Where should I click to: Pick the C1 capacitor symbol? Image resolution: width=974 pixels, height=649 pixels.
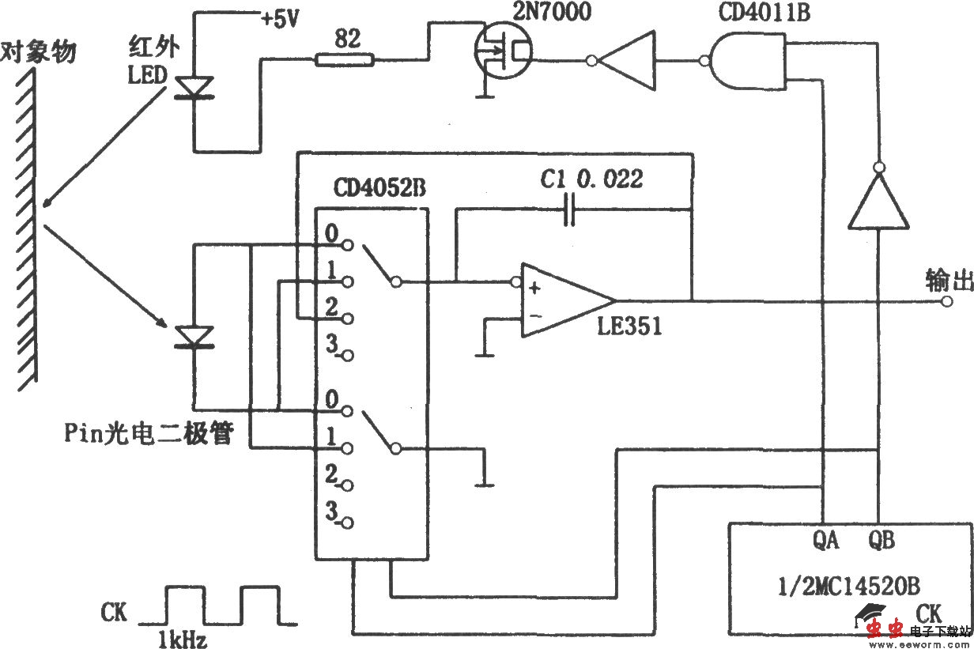pyautogui.click(x=569, y=210)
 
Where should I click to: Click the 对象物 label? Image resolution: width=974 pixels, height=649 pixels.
pyautogui.click(x=39, y=52)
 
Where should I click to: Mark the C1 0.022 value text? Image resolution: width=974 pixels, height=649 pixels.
pyautogui.click(x=591, y=179)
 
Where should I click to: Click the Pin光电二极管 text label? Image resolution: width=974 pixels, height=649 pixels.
pyautogui.click(x=149, y=432)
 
